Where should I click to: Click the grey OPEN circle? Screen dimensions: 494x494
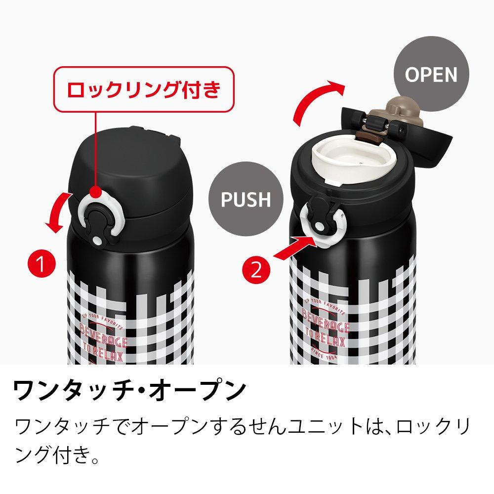[x=431, y=74]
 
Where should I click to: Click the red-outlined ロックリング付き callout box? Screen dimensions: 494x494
[x=143, y=89]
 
